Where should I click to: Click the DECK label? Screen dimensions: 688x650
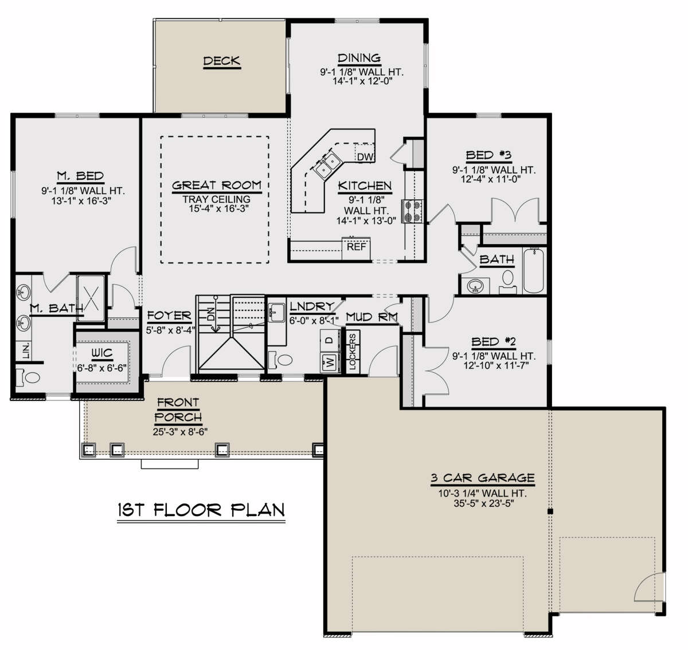(x=222, y=61)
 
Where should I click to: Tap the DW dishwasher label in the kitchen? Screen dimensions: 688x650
(x=365, y=157)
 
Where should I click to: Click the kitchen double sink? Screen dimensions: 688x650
(x=327, y=165)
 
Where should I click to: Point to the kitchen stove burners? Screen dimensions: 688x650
(x=413, y=211)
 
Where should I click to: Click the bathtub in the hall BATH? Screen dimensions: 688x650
(x=534, y=271)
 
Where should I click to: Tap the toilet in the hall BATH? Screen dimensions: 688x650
(x=508, y=282)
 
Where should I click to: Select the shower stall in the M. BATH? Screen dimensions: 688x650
(x=91, y=298)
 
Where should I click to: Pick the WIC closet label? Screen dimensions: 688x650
(x=102, y=353)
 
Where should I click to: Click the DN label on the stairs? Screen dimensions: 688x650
(x=210, y=314)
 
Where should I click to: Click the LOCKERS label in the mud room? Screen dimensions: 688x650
(x=353, y=352)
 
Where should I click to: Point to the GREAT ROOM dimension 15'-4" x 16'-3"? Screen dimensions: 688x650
(x=216, y=208)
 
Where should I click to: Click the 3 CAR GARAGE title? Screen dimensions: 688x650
(x=483, y=478)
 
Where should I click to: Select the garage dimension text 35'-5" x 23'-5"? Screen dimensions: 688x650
(x=483, y=503)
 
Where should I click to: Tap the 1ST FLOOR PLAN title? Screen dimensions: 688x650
(x=201, y=510)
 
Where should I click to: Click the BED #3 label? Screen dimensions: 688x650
(x=489, y=155)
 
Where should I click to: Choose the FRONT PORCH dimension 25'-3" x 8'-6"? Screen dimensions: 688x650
(x=180, y=431)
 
